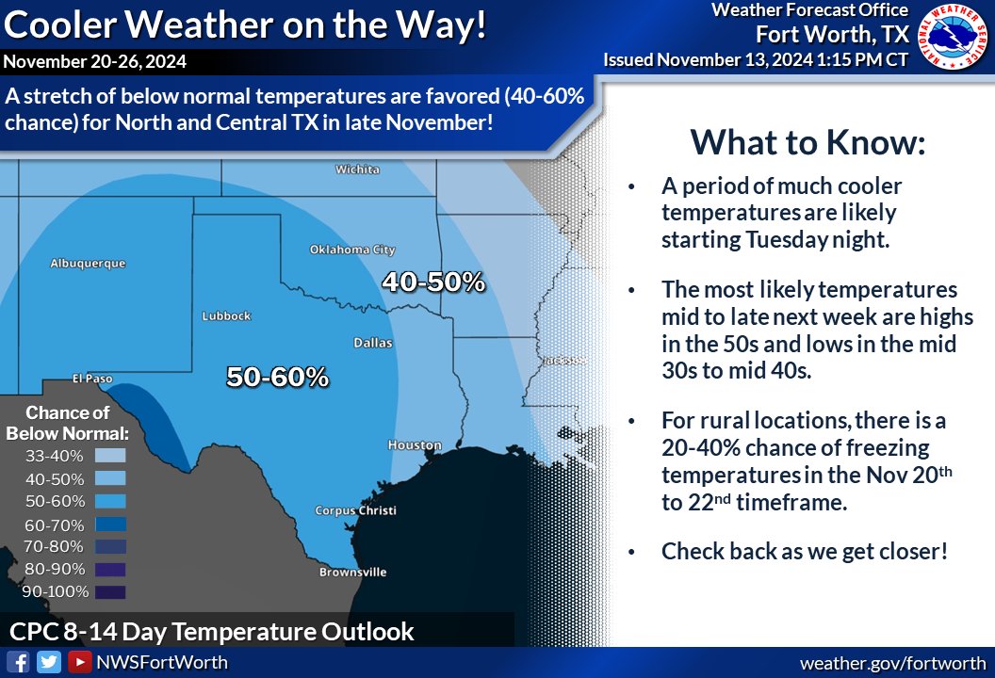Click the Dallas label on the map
click(x=373, y=344)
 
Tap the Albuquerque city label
click(x=88, y=265)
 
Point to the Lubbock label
click(x=226, y=316)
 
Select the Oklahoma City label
click(x=352, y=250)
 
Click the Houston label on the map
click(x=414, y=444)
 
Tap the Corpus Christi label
click(x=356, y=510)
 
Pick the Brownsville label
click(x=352, y=572)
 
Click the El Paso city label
click(x=92, y=379)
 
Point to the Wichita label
click(x=358, y=169)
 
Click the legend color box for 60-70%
click(x=110, y=524)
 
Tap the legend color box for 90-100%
click(x=110, y=591)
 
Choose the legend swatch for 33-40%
click(x=110, y=456)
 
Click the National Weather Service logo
click(x=953, y=39)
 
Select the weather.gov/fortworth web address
click(x=892, y=663)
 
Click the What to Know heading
click(x=808, y=143)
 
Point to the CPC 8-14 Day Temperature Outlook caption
click(x=212, y=631)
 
